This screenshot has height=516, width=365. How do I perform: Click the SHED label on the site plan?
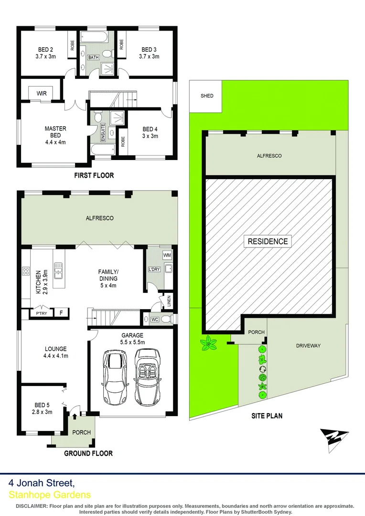207,96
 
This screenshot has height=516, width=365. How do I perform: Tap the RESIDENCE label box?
268,241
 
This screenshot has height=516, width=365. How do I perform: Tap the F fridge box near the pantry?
61,314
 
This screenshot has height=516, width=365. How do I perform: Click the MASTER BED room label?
55,132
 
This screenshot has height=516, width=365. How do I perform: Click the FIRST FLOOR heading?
94,175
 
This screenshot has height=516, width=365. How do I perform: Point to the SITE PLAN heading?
267,416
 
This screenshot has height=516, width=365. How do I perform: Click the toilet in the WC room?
165,319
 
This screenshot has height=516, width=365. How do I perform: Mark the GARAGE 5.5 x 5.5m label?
132,339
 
